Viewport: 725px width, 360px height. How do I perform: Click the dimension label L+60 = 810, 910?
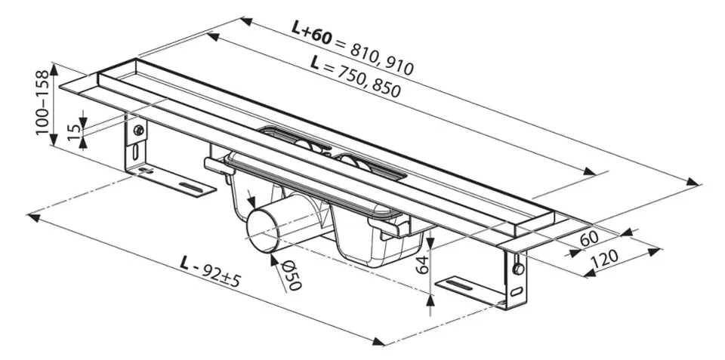353,47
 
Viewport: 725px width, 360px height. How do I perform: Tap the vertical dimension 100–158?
42,102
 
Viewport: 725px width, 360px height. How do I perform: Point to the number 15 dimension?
72,132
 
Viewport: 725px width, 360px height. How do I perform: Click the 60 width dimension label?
589,238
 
